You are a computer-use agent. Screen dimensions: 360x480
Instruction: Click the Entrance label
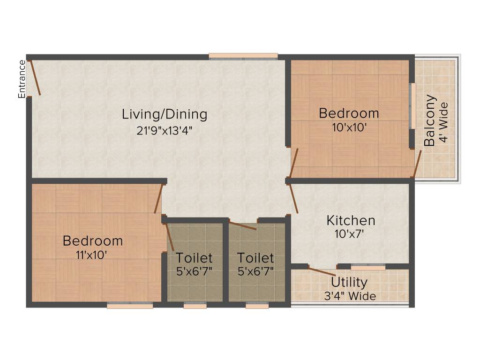pyautogui.click(x=22, y=79)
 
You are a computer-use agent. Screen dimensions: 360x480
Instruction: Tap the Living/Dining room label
pyautogui.click(x=165, y=114)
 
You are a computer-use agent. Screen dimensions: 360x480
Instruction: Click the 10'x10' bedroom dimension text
pyautogui.click(x=349, y=127)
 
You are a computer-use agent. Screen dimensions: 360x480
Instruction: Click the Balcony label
pyautogui.click(x=430, y=121)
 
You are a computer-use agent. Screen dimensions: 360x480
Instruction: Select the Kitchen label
pyautogui.click(x=351, y=220)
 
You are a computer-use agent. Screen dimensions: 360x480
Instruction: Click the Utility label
pyautogui.click(x=349, y=283)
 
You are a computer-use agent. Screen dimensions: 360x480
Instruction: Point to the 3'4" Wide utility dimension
pyautogui.click(x=349, y=296)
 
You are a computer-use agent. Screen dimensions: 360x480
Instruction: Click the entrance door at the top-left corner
pyautogui.click(x=34, y=77)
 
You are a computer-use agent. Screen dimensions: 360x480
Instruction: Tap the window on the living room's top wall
pyautogui.click(x=243, y=57)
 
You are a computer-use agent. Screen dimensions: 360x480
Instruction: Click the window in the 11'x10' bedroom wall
pyautogui.click(x=130, y=306)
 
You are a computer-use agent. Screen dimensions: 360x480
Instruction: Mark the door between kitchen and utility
pyautogui.click(x=322, y=270)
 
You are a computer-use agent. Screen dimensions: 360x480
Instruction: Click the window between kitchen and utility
pyautogui.click(x=368, y=267)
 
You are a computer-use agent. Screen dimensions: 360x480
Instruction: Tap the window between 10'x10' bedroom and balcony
pyautogui.click(x=412, y=106)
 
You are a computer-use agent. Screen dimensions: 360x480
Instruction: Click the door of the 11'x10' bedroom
pyautogui.click(x=158, y=199)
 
